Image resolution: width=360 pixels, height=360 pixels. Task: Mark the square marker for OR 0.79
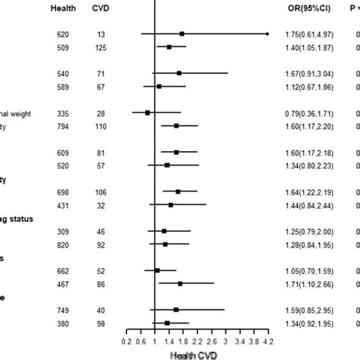pyautogui.click(x=147, y=112)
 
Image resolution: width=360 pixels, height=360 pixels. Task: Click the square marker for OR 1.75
pyautogui.click(x=182, y=34)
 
